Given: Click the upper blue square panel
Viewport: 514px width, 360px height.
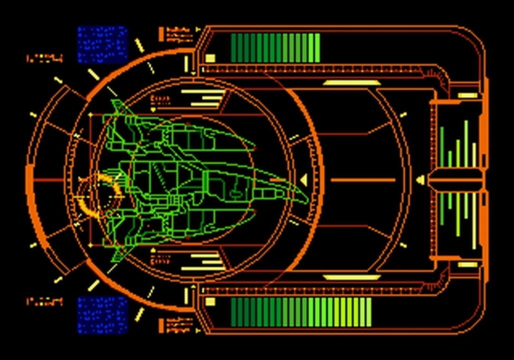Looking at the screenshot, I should coord(102,44).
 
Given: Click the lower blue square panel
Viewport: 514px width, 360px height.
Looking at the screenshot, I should coord(102,314).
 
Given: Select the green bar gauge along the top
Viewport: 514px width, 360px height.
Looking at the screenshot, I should coord(275,48).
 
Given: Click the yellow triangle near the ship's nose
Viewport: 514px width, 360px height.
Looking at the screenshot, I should coord(304,179).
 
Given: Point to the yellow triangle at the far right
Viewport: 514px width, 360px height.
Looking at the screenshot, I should coord(421,179).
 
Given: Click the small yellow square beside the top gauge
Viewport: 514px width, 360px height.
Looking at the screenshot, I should coord(210,58).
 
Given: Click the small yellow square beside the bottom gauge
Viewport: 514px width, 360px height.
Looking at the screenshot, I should coord(210,301).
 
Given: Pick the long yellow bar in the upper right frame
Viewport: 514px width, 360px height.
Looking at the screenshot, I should coord(352,83).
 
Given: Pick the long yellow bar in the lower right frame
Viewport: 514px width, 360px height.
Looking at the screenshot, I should coord(352,277).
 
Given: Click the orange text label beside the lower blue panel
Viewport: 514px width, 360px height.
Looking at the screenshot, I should coord(44,301).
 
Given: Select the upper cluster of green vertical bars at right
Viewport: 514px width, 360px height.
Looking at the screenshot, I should coord(458,145).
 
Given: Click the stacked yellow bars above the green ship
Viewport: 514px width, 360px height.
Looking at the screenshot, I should coord(202,98).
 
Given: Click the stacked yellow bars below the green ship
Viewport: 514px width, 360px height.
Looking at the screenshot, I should coord(202,261).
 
